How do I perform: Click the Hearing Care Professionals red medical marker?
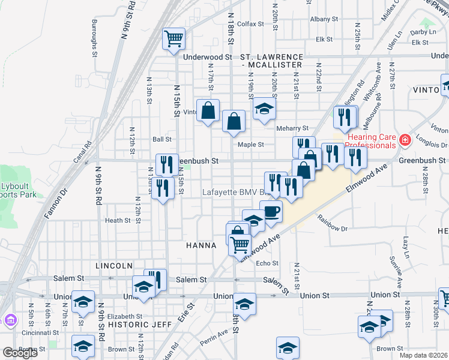pyautogui.click(x=406, y=140)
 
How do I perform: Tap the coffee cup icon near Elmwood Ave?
pyautogui.click(x=272, y=212)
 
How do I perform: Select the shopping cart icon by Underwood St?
pyautogui.click(x=173, y=39)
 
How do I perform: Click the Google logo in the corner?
pyautogui.click(x=20, y=353)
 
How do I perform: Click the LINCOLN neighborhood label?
pyautogui.click(x=113, y=265)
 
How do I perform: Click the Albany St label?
pyautogui.click(x=324, y=19)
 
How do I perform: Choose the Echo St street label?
pyautogui.click(x=267, y=263)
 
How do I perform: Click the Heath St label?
pyautogui.click(x=118, y=221)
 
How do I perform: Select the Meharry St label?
pyautogui.click(x=292, y=128)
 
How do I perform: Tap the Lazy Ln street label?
pyautogui.click(x=406, y=243)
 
